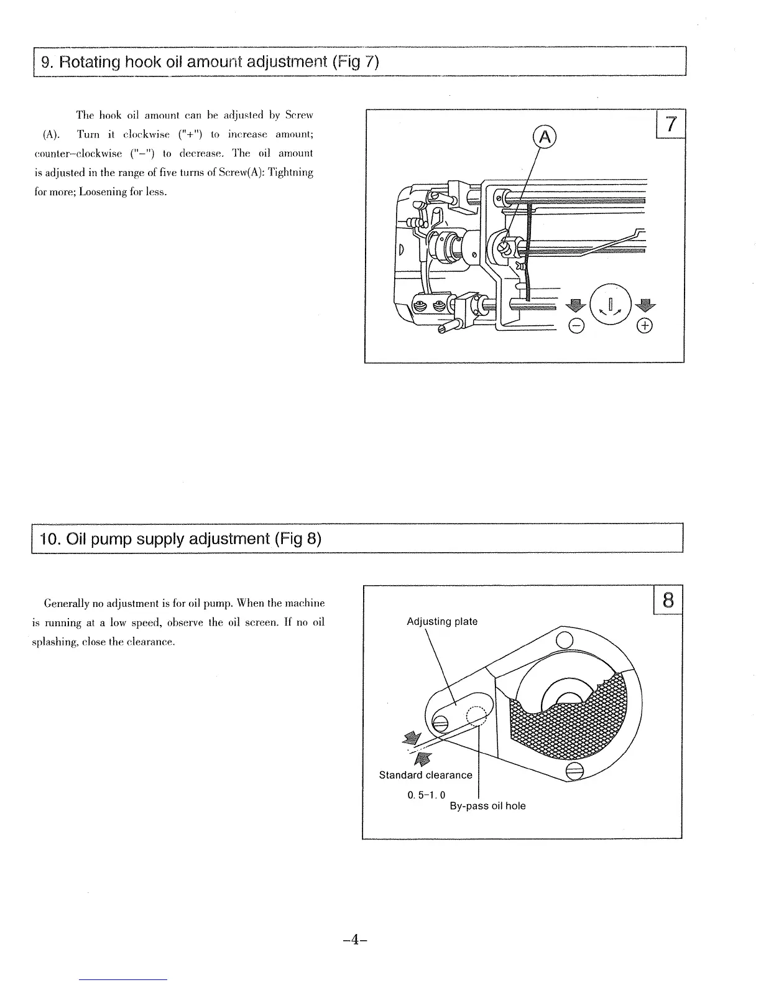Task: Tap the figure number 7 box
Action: point(670,124)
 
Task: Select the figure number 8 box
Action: point(668,600)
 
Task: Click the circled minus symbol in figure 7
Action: point(576,326)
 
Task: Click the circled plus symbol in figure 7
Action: point(646,326)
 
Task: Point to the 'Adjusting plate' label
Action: point(442,622)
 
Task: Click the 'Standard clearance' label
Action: point(426,775)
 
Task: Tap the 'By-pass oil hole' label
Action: point(487,806)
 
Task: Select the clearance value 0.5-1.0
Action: point(427,795)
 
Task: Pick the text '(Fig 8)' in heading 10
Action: point(297,538)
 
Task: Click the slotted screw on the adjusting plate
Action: point(440,723)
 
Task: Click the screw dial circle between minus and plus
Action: point(611,304)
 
